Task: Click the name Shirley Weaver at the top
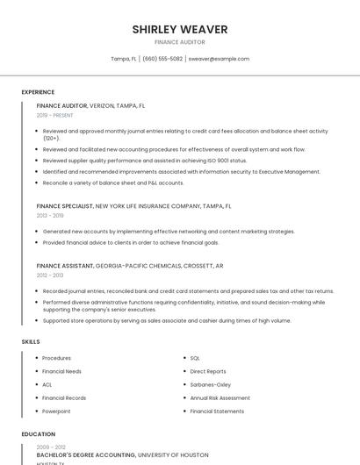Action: tap(180, 29)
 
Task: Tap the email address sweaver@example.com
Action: tap(219, 59)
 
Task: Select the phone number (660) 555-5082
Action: tap(162, 59)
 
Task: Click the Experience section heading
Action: tap(38, 92)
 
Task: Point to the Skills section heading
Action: tap(30, 341)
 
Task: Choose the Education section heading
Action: tap(38, 434)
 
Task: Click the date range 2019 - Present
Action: tap(54, 115)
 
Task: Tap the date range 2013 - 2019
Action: tap(50, 215)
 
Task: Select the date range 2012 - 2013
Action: tap(50, 275)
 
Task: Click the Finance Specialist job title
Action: tap(65, 206)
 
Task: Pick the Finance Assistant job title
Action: tap(64, 265)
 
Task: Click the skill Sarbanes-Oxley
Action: tap(211, 384)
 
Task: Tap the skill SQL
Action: tap(195, 358)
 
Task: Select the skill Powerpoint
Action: tap(56, 411)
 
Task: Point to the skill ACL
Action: tap(47, 384)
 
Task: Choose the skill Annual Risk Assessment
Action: tap(220, 397)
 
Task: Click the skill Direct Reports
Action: tap(208, 371)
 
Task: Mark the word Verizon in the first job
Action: tap(102, 105)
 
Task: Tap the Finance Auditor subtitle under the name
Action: tap(180, 42)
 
